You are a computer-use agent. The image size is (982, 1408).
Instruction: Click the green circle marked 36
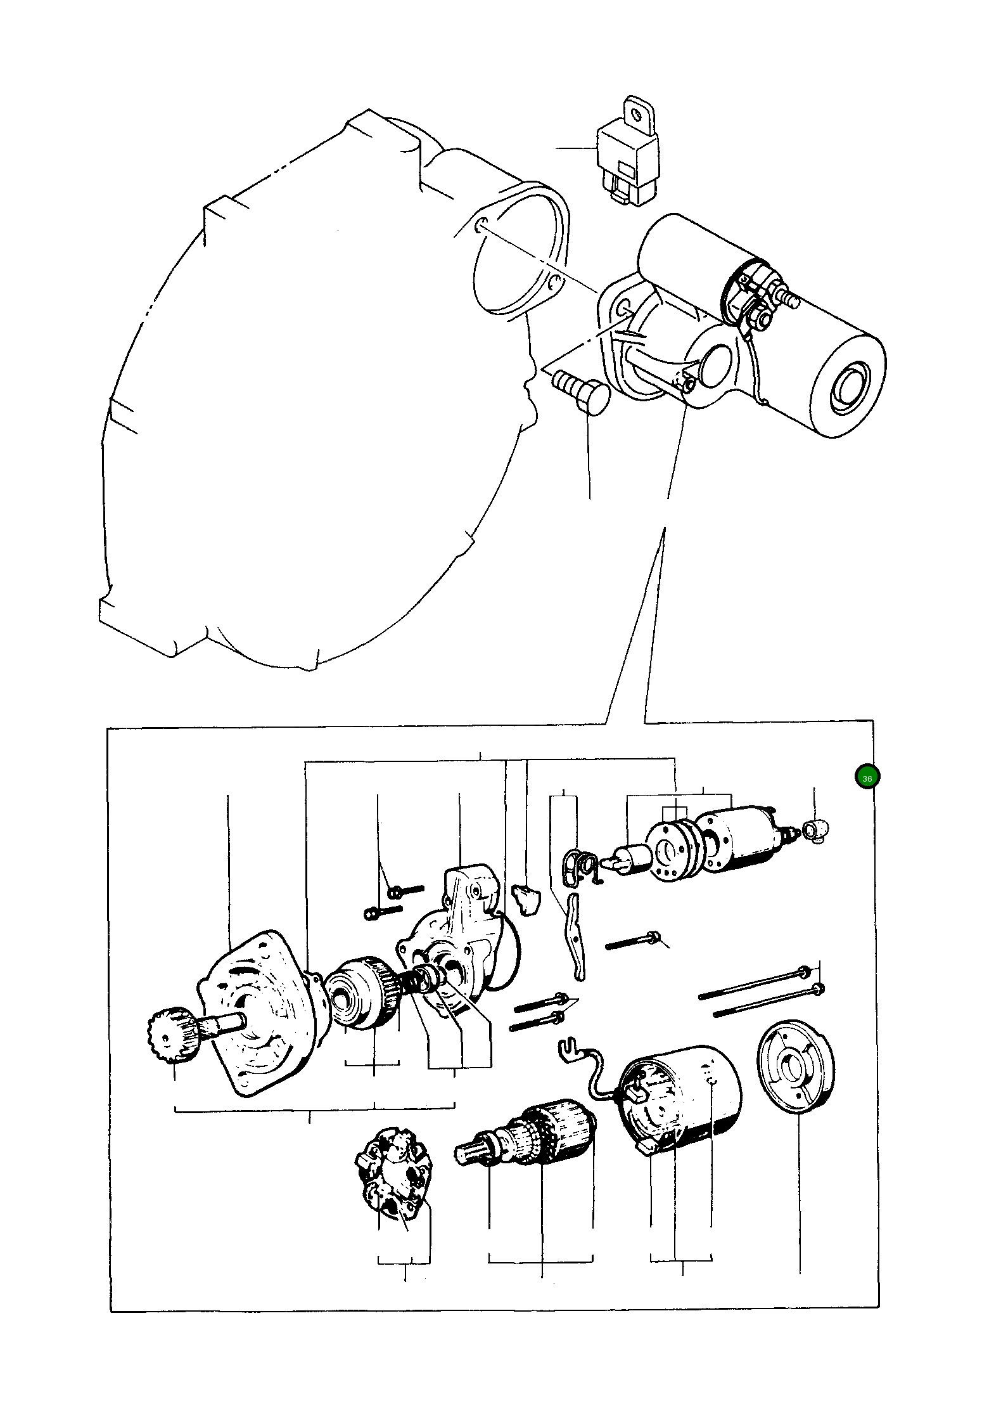point(867,778)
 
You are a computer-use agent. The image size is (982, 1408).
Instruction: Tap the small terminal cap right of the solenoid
point(815,830)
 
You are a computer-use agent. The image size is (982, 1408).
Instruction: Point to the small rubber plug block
point(524,900)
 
